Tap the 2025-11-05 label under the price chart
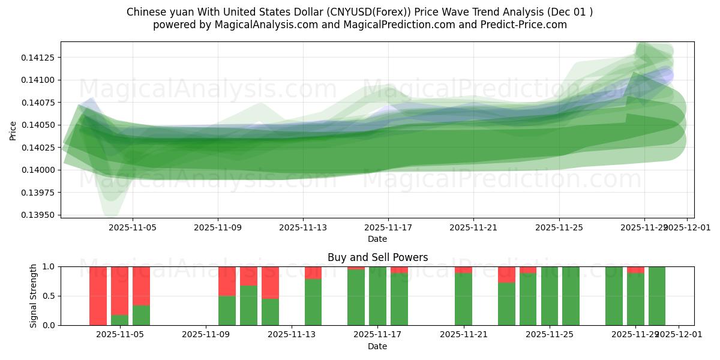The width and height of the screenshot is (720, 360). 133,227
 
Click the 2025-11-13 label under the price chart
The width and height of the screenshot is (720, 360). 303,227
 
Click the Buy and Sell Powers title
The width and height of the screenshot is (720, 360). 377,257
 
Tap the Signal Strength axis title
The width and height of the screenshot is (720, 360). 34,296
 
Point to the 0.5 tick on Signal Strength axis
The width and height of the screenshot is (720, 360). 49,296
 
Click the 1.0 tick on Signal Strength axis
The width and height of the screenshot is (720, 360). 49,266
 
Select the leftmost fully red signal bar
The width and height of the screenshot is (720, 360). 98,296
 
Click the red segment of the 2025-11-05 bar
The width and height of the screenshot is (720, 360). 119,290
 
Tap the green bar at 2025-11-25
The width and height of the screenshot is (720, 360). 549,296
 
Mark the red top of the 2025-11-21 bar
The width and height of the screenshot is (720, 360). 463,269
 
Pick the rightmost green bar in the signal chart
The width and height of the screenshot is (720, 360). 656,296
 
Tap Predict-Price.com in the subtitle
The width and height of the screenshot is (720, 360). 526,25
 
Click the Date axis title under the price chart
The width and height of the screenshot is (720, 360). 377,239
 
